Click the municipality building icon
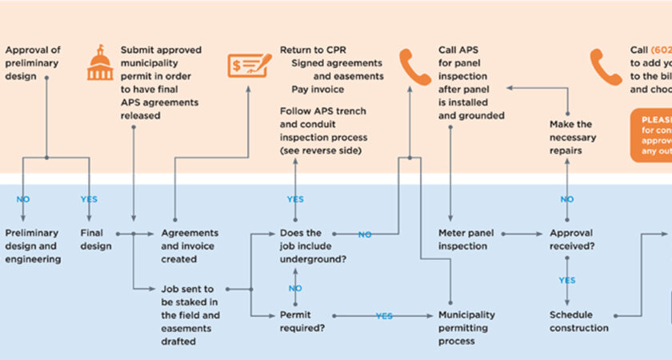[101, 62]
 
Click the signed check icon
[248, 64]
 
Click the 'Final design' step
[97, 240]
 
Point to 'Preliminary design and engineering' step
[33, 246]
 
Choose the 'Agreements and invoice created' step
[190, 246]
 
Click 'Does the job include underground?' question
[312, 246]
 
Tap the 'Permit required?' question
[302, 322]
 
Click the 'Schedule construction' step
[579, 322]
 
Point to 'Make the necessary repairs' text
[571, 136]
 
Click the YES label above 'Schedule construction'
[567, 281]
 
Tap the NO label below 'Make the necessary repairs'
[567, 199]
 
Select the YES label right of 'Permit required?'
[384, 316]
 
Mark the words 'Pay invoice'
[318, 90]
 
